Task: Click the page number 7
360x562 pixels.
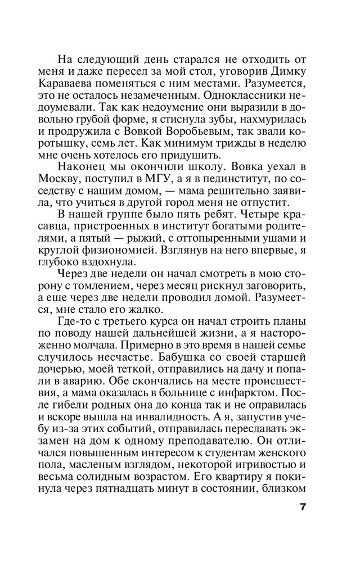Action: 303,507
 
